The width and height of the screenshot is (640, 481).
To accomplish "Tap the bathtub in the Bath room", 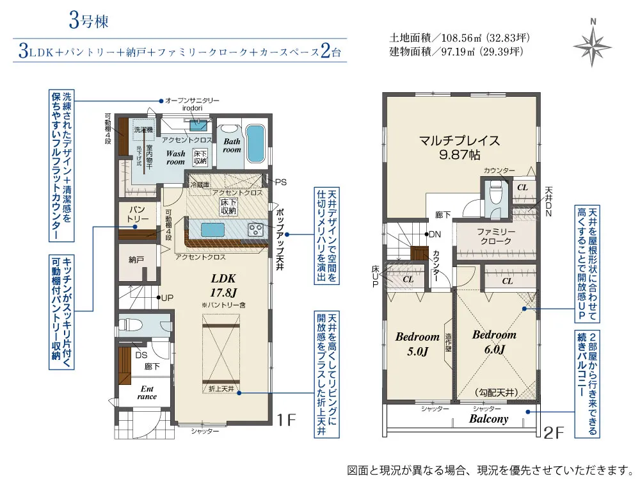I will [x=254, y=144].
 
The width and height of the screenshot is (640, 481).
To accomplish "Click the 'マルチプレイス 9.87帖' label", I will [x=459, y=147].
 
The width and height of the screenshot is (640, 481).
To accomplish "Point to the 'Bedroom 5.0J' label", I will [x=417, y=343].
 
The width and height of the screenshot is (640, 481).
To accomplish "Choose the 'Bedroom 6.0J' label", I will [x=493, y=342].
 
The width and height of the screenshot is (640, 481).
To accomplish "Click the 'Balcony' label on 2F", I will [x=488, y=419].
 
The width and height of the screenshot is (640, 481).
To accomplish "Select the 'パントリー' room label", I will [x=137, y=215].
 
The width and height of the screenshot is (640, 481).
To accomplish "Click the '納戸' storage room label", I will [x=136, y=260].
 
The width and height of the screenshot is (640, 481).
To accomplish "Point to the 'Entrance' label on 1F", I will [x=147, y=392].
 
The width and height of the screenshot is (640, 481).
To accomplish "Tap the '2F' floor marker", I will [x=554, y=433].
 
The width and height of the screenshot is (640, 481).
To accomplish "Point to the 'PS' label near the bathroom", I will [x=280, y=183].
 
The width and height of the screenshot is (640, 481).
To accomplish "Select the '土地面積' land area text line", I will [x=460, y=38].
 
